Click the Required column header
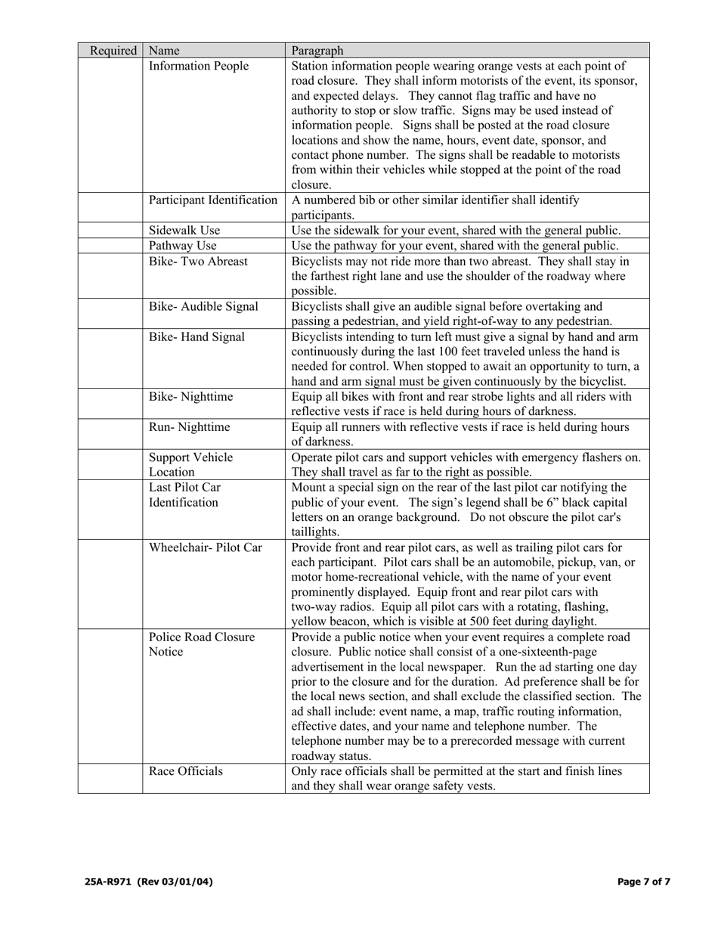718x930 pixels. (113, 51)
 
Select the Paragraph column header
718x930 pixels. (317, 51)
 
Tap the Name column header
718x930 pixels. (164, 51)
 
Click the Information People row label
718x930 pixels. (199, 66)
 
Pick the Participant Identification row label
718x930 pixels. (213, 200)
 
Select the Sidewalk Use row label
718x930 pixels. (184, 231)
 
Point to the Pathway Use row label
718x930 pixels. (183, 246)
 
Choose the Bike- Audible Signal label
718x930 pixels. (203, 306)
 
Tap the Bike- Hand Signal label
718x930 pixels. (197, 336)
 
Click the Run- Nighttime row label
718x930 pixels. (190, 427)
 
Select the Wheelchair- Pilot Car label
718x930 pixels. (206, 547)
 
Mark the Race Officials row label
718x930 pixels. (186, 771)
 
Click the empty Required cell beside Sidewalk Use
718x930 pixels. (110, 231)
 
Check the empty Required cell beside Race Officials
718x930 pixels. (110, 779)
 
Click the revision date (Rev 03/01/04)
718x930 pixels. (175, 882)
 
